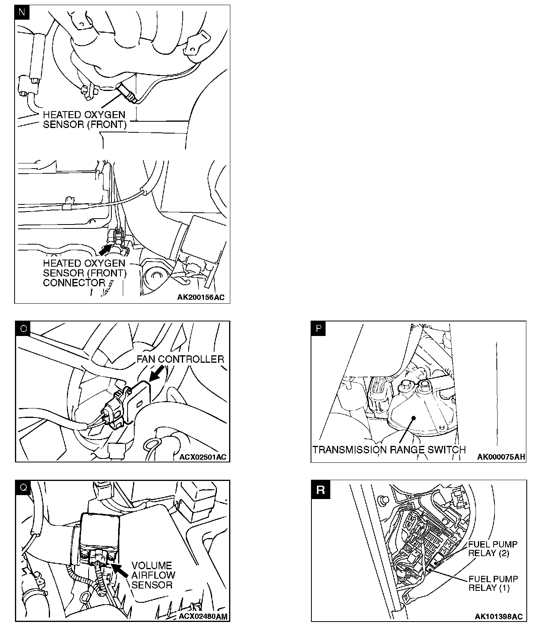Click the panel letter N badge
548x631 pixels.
pyautogui.click(x=22, y=12)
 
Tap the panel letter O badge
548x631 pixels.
pyautogui.click(x=23, y=328)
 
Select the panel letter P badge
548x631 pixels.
pyautogui.click(x=318, y=328)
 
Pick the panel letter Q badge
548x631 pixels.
pyautogui.click(x=23, y=487)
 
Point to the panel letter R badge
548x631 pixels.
pyautogui.click(x=320, y=490)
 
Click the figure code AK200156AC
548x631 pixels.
pyautogui.click(x=201, y=297)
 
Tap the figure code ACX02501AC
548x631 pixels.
pyautogui.click(x=203, y=457)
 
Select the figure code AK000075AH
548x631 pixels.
pyautogui.click(x=501, y=457)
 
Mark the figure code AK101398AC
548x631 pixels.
pyautogui.click(x=499, y=616)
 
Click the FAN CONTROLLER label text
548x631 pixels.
pyautogui.click(x=180, y=359)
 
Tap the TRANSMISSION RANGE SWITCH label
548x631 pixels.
pyautogui.click(x=389, y=449)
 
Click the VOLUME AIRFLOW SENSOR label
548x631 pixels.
pyautogui.click(x=153, y=575)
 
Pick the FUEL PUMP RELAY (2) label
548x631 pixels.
pyautogui.click(x=492, y=549)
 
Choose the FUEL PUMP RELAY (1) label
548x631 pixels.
pyautogui.click(x=493, y=583)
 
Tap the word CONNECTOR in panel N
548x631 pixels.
pyautogui.click(x=74, y=282)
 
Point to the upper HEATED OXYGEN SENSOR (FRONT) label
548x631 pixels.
pyautogui.click(x=84, y=120)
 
